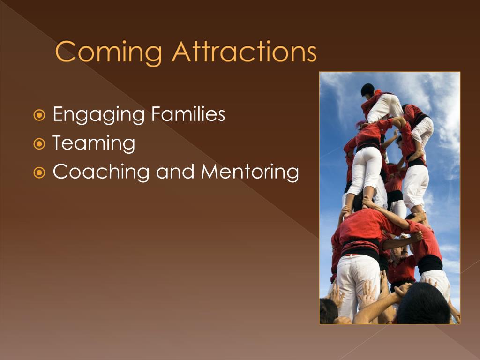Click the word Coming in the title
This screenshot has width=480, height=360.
point(108,52)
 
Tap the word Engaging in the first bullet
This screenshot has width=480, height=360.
point(98,115)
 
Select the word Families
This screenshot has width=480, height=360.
point(188,113)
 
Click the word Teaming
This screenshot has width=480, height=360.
point(94,143)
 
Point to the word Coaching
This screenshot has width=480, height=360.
point(101,172)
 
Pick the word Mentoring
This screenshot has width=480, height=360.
point(250,172)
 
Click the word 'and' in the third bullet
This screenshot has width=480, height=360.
point(175,172)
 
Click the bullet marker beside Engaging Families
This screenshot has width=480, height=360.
point(39,115)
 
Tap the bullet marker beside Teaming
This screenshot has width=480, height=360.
point(39,144)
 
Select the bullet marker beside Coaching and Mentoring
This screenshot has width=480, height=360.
point(39,172)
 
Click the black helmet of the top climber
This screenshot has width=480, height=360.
point(367,90)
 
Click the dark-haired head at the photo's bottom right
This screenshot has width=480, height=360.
point(423,303)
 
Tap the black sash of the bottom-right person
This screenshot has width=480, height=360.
point(430,264)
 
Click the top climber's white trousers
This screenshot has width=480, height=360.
point(385,108)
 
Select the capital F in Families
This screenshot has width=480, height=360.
point(156,113)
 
